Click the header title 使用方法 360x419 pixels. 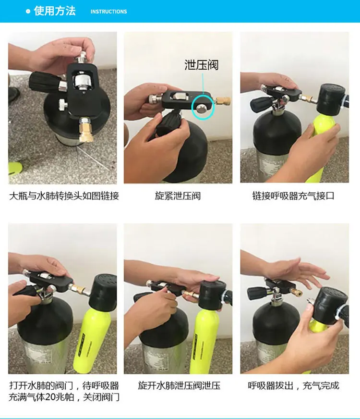55,11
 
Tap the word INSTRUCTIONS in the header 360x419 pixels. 108,12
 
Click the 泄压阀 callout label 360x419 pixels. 202,65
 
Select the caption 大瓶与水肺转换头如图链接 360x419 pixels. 64,196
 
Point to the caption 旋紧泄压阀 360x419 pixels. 178,196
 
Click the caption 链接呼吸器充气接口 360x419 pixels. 293,196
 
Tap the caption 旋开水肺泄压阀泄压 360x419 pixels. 180,385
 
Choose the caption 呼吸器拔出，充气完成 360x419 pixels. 294,385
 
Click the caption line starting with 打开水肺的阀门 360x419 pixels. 64,385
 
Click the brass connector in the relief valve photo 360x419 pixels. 223,101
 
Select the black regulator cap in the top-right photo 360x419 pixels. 331,99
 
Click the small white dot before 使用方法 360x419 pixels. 28,11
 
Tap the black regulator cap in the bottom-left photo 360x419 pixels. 103,291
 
